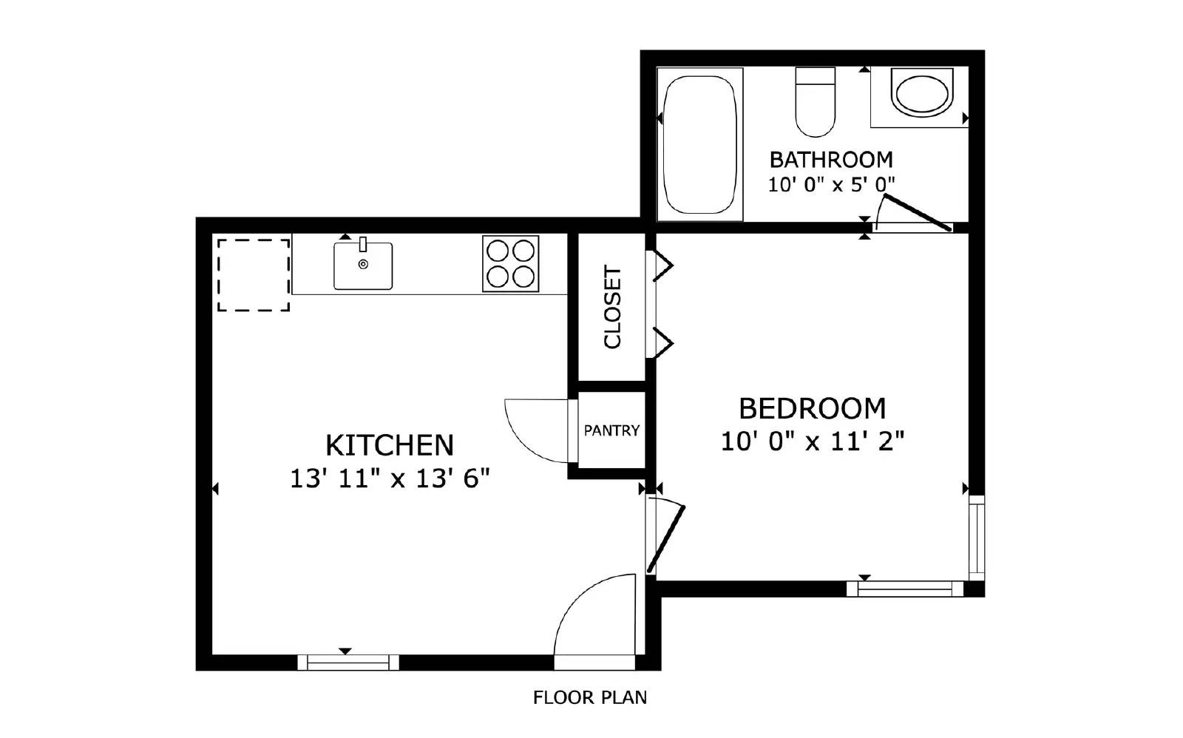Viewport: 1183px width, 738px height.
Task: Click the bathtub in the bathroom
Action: click(x=699, y=144)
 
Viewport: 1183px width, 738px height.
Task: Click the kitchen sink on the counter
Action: click(x=362, y=265)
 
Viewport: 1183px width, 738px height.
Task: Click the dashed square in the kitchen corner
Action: click(x=253, y=274)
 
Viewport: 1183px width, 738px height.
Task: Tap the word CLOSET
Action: click(x=613, y=307)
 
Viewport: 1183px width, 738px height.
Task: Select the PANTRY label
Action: click(x=611, y=430)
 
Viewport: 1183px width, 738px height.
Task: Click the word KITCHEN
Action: click(x=389, y=445)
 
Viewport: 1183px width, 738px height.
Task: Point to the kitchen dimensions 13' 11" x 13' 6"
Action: click(x=390, y=479)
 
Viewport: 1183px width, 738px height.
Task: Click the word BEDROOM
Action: click(x=812, y=408)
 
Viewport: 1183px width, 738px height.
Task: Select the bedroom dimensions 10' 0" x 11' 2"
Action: click(x=812, y=442)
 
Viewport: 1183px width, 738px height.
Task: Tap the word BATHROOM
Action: click(x=830, y=160)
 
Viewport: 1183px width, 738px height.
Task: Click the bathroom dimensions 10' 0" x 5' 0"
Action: click(x=830, y=185)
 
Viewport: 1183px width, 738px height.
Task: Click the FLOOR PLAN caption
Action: click(x=589, y=697)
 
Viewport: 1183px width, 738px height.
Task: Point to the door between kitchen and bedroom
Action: click(x=665, y=538)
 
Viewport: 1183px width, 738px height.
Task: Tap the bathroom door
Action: click(x=917, y=213)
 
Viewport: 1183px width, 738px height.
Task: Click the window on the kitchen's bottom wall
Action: click(x=348, y=663)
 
